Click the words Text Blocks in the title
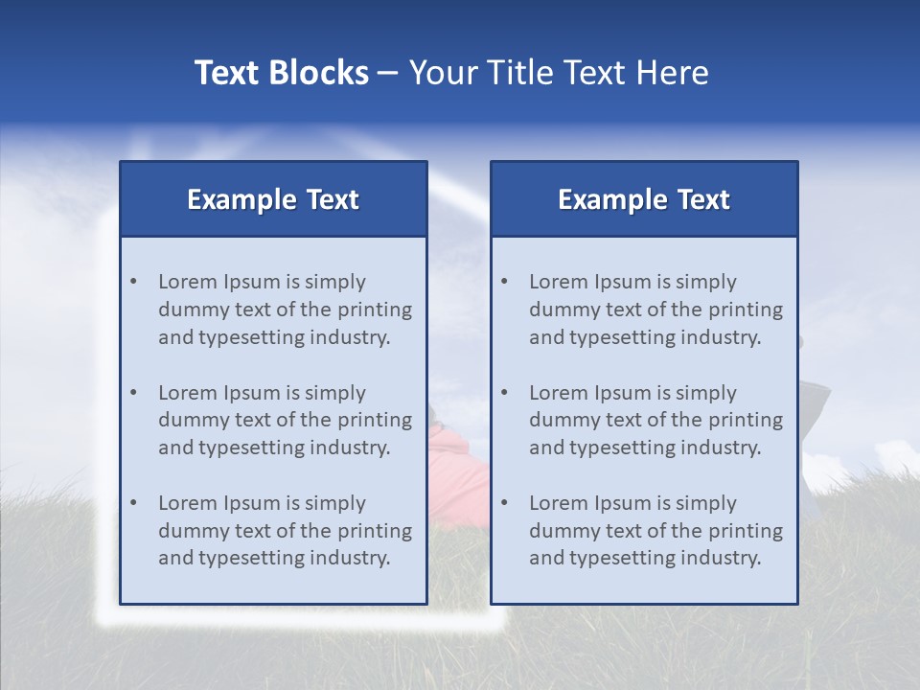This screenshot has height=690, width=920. (281, 73)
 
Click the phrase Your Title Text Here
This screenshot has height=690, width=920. (559, 73)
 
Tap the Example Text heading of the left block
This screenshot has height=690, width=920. (273, 199)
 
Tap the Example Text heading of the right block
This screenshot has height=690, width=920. (644, 199)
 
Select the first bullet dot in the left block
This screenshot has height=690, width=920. (133, 282)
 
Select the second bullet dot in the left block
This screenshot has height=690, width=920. (133, 392)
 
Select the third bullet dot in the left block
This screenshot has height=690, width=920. (133, 503)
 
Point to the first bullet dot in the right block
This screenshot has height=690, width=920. (504, 282)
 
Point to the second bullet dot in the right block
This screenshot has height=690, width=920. (504, 392)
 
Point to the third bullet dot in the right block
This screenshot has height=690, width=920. (504, 503)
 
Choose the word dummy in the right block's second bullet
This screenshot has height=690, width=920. (563, 420)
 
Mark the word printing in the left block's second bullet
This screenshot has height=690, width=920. (375, 420)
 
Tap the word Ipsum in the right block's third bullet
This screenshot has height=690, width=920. (624, 503)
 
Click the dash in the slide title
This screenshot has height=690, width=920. (388, 74)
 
